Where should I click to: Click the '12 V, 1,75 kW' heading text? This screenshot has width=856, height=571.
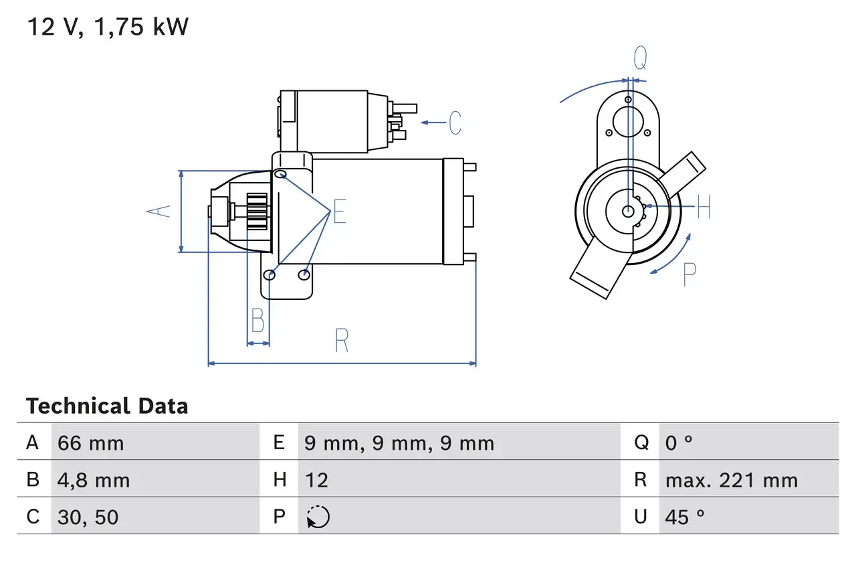[108, 27]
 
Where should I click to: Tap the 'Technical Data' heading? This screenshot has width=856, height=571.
[107, 406]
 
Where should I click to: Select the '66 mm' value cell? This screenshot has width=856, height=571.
[91, 442]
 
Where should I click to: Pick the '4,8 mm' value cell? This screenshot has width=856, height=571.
[94, 480]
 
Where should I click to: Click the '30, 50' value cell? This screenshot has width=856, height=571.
[88, 517]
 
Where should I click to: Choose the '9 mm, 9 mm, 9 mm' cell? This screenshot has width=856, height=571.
[399, 442]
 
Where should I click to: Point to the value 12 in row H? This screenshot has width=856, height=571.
[316, 480]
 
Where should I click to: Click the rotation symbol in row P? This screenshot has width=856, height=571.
[318, 517]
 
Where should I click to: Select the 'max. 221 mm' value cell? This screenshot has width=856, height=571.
[731, 480]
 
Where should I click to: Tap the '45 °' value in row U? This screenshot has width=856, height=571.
[685, 517]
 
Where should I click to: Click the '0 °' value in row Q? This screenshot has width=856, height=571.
[679, 442]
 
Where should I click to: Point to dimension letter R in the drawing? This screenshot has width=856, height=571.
[342, 341]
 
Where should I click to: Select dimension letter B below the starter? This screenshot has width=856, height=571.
[257, 321]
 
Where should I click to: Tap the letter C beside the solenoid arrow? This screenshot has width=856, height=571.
[455, 123]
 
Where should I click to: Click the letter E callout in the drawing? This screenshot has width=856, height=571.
[340, 213]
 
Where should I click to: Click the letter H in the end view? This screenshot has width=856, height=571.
[704, 208]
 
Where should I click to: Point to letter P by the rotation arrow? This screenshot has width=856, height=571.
[689, 274]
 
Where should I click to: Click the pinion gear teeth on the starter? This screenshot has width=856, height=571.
[257, 212]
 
